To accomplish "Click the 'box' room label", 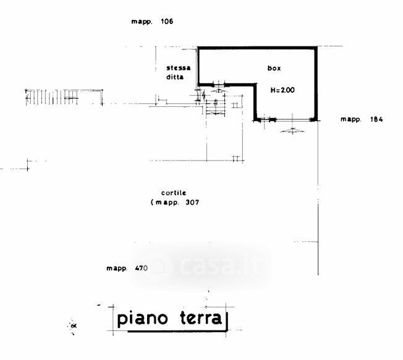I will tap(274, 69).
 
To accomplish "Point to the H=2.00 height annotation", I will tap(283, 90).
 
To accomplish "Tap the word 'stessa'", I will tap(178, 68).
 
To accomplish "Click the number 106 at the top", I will tap(166, 22).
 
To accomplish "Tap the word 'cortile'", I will tap(174, 193).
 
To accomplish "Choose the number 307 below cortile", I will tap(191, 202).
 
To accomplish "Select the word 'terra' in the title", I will tap(197, 319).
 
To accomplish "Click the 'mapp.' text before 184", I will tap(350, 119).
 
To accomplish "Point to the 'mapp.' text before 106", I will tap(142, 22).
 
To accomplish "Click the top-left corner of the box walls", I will tap(198, 48).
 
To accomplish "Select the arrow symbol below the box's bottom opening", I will tap(291, 130).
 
